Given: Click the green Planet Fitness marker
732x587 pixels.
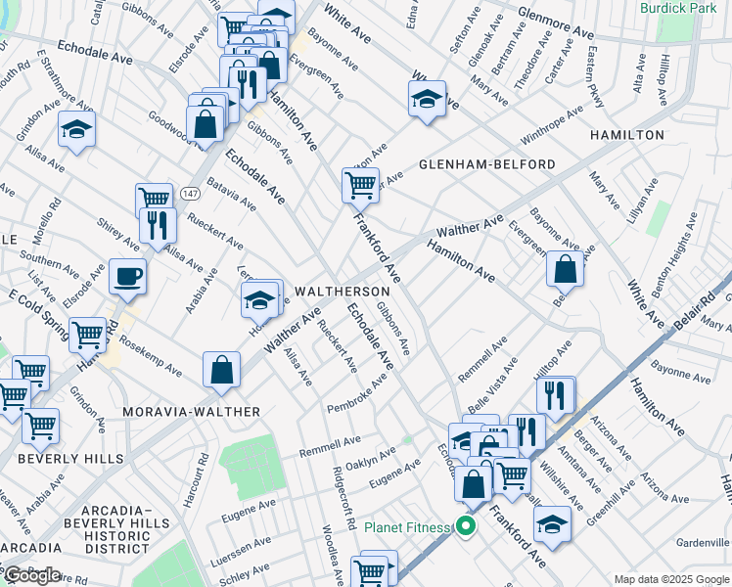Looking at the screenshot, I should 466,528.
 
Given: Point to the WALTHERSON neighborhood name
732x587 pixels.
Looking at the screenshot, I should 343,292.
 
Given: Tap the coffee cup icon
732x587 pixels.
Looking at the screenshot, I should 127,276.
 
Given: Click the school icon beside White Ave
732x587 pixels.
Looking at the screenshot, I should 427,99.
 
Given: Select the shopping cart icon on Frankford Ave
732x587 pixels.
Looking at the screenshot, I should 360,183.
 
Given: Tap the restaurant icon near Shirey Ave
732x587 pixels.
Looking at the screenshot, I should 157,225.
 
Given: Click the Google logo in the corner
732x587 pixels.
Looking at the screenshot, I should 31,575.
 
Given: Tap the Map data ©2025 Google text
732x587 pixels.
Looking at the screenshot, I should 670,579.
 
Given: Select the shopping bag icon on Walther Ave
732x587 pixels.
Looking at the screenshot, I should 222,370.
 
